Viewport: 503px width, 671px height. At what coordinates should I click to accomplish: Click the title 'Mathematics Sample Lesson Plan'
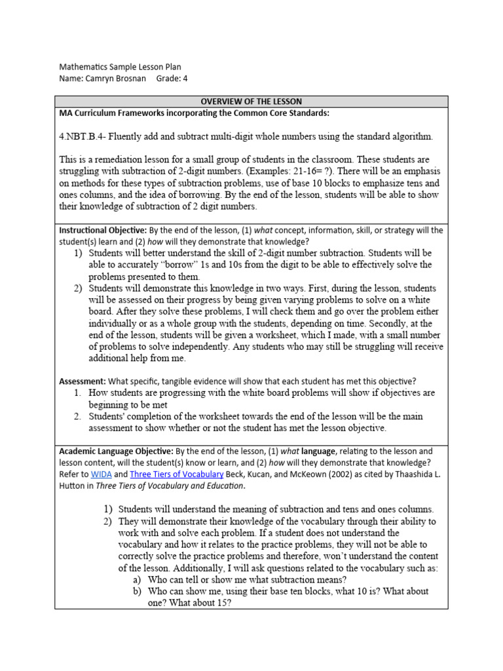click(x=120, y=67)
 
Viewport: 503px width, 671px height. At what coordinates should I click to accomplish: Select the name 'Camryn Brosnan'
click(x=117, y=79)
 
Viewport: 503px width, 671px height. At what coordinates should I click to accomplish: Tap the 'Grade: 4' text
click(x=172, y=79)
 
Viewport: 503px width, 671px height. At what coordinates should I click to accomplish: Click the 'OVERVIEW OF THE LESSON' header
click(x=251, y=102)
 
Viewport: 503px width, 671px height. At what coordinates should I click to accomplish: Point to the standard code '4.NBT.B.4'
click(x=81, y=136)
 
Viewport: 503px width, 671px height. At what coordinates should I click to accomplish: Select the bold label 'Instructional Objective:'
click(x=103, y=231)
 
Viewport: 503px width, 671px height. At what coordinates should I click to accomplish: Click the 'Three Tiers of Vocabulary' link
click(x=172, y=474)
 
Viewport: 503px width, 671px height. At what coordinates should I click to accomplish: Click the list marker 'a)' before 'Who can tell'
click(x=136, y=580)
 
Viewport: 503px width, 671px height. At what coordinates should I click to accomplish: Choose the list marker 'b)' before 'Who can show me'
click(x=136, y=591)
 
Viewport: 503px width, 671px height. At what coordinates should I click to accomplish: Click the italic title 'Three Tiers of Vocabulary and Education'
click(x=170, y=486)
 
